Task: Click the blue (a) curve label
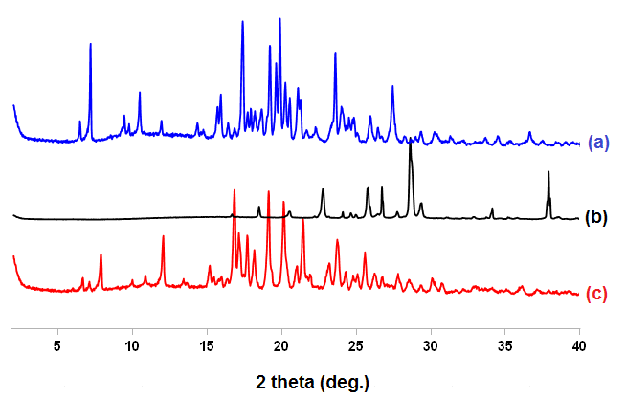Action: point(600,144)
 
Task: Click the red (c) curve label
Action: point(596,294)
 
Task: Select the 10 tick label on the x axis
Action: point(132,344)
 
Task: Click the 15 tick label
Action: point(207,344)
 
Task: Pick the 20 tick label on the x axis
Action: point(281,344)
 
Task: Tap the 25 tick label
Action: point(356,344)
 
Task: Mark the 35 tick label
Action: point(504,344)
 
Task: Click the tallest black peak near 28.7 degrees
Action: point(411,144)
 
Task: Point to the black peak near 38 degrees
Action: point(548,172)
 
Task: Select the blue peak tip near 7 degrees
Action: point(90,44)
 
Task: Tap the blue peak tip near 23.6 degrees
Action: point(335,53)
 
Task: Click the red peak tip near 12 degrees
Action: point(163,236)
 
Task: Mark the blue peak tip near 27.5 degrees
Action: point(392,87)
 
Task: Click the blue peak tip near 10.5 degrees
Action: point(140,93)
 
